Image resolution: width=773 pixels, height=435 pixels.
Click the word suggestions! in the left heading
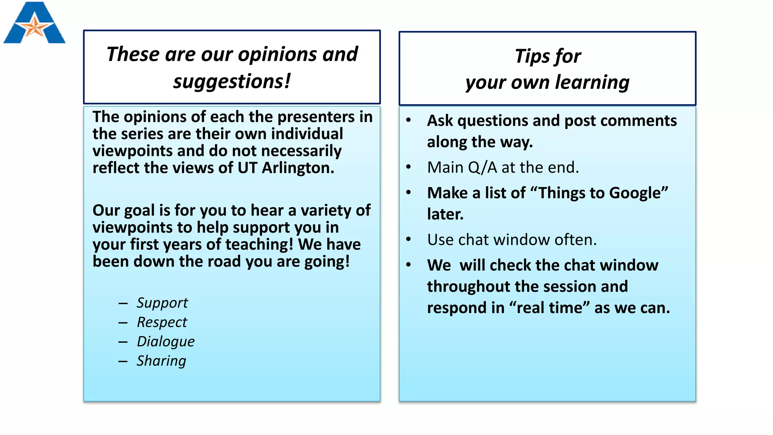[x=232, y=81]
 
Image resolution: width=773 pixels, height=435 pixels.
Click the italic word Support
[x=162, y=303]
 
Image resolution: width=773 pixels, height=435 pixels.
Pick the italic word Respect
[x=162, y=322]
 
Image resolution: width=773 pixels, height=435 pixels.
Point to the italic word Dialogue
[x=165, y=341]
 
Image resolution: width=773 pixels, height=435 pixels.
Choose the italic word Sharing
[x=161, y=361]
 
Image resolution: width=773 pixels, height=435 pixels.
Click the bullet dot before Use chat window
[x=408, y=239]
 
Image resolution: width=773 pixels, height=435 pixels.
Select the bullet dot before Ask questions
[x=408, y=120]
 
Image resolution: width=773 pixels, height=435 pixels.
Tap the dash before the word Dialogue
[x=123, y=342]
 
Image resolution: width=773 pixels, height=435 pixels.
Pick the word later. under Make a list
[x=445, y=214]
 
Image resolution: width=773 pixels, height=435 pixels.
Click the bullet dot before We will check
[x=408, y=265]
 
